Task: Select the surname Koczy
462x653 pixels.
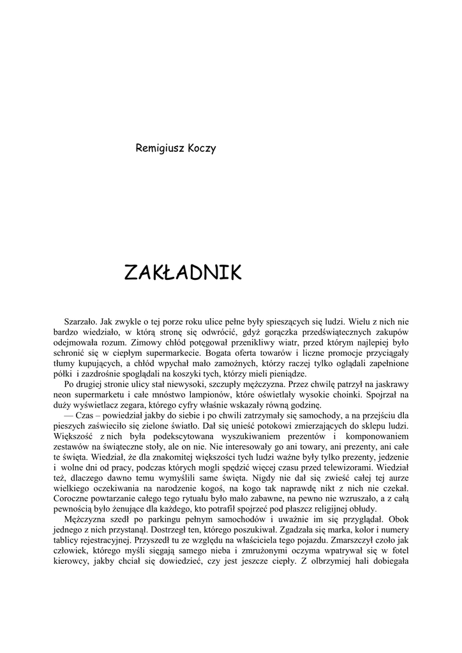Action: coord(202,149)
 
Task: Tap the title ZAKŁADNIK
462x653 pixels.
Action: coord(183,273)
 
